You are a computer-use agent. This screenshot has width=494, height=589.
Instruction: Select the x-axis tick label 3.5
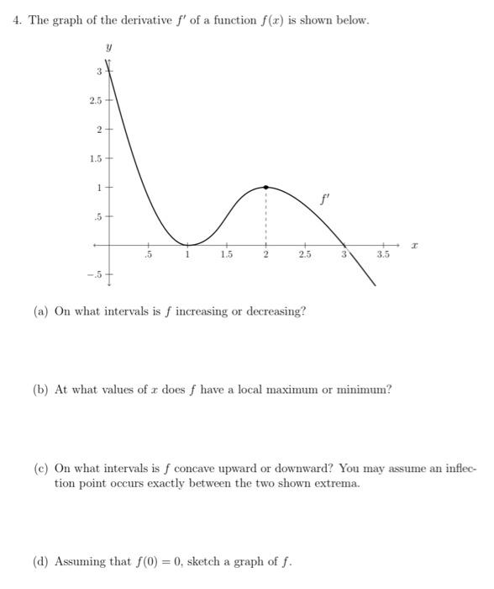(x=384, y=253)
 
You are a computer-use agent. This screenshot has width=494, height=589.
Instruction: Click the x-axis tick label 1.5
(x=226, y=253)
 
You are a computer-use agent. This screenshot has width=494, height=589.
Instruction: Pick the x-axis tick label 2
(x=266, y=253)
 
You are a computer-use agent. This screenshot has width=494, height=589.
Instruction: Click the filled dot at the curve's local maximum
(x=266, y=187)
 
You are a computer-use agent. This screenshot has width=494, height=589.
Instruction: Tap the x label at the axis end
(x=413, y=242)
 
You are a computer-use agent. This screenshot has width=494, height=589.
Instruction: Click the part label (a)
(x=41, y=311)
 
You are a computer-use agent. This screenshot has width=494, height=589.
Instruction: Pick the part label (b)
(x=41, y=390)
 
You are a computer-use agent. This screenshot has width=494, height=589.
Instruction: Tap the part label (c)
(x=41, y=468)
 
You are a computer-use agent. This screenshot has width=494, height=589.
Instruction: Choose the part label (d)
(x=41, y=560)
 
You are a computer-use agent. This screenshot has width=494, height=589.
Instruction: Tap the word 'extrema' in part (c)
(x=336, y=484)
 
